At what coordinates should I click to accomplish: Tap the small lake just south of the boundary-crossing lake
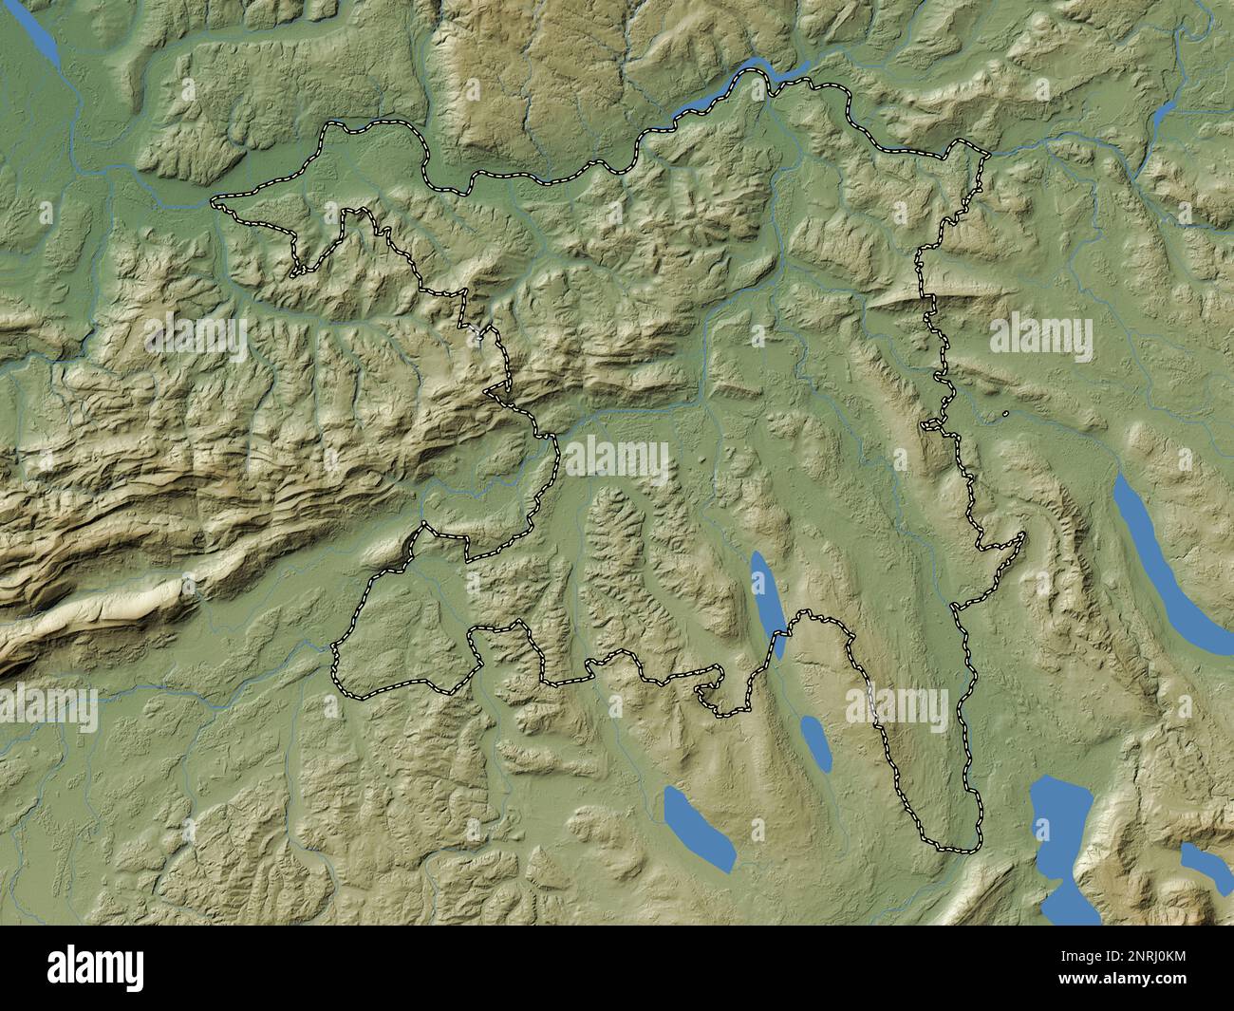(x=814, y=741)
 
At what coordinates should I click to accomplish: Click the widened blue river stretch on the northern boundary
(x=750, y=80)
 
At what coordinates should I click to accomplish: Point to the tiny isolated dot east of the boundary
(x=1004, y=413)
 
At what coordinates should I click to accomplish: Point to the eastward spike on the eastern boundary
(x=1024, y=535)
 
